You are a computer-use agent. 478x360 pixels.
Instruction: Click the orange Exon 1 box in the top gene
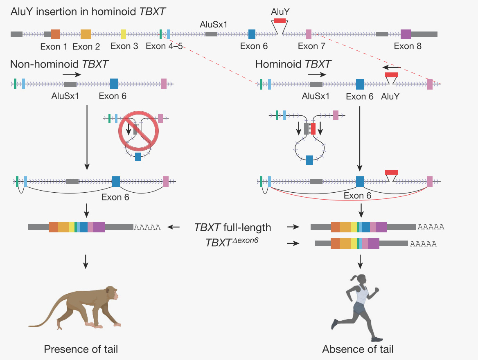pos(55,34)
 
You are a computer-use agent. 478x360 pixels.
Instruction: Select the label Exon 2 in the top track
pos(86,47)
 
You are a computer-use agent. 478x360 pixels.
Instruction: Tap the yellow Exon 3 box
pos(123,34)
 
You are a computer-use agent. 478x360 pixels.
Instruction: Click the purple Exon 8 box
pos(406,34)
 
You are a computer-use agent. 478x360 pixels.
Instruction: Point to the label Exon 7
pos(311,46)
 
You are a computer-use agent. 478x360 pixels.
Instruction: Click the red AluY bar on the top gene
pos(280,20)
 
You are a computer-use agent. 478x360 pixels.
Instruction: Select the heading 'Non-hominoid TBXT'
pos(59,64)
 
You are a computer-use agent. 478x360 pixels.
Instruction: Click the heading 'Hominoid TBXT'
pos(293,64)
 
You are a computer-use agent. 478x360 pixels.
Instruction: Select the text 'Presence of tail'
pos(81,349)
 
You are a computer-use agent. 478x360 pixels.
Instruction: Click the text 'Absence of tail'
pos(358,349)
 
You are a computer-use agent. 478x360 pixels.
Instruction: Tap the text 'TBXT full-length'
pos(232,227)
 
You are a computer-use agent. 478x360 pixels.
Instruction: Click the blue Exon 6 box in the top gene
pos(252,34)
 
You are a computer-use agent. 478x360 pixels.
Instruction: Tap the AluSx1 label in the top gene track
pos(213,25)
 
